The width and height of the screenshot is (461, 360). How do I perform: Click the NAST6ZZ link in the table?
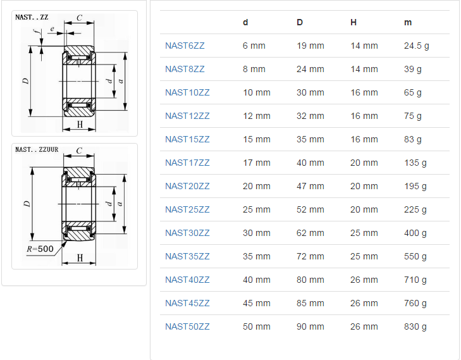[x=185, y=46]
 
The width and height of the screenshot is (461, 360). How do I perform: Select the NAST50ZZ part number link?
[x=187, y=326]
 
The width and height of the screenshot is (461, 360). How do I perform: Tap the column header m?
[x=408, y=22]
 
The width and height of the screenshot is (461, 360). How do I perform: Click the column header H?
[x=353, y=22]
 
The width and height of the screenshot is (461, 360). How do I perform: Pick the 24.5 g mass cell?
[x=416, y=46]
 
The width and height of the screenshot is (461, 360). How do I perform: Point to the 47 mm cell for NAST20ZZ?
[x=310, y=186]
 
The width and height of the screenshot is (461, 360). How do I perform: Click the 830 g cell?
[x=415, y=326]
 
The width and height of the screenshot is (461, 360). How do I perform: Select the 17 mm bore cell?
[x=256, y=163]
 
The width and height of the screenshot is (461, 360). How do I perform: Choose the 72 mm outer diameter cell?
[x=310, y=256]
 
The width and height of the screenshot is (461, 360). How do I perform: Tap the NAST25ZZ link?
[x=187, y=209]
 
